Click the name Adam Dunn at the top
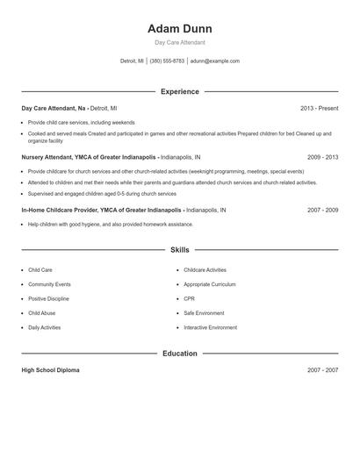click(179, 29)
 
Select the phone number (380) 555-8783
click(167, 61)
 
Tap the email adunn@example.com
click(214, 61)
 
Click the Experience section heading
click(179, 91)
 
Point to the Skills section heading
click(179, 250)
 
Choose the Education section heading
click(179, 354)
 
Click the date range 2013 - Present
click(319, 108)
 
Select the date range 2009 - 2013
click(322, 157)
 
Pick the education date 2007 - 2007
click(322, 370)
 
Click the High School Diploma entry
click(50, 370)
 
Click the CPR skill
click(189, 298)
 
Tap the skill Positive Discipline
click(48, 298)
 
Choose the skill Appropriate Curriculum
click(210, 284)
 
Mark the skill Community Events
click(49, 284)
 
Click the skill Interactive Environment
click(210, 327)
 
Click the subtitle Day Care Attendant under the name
click(179, 42)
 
